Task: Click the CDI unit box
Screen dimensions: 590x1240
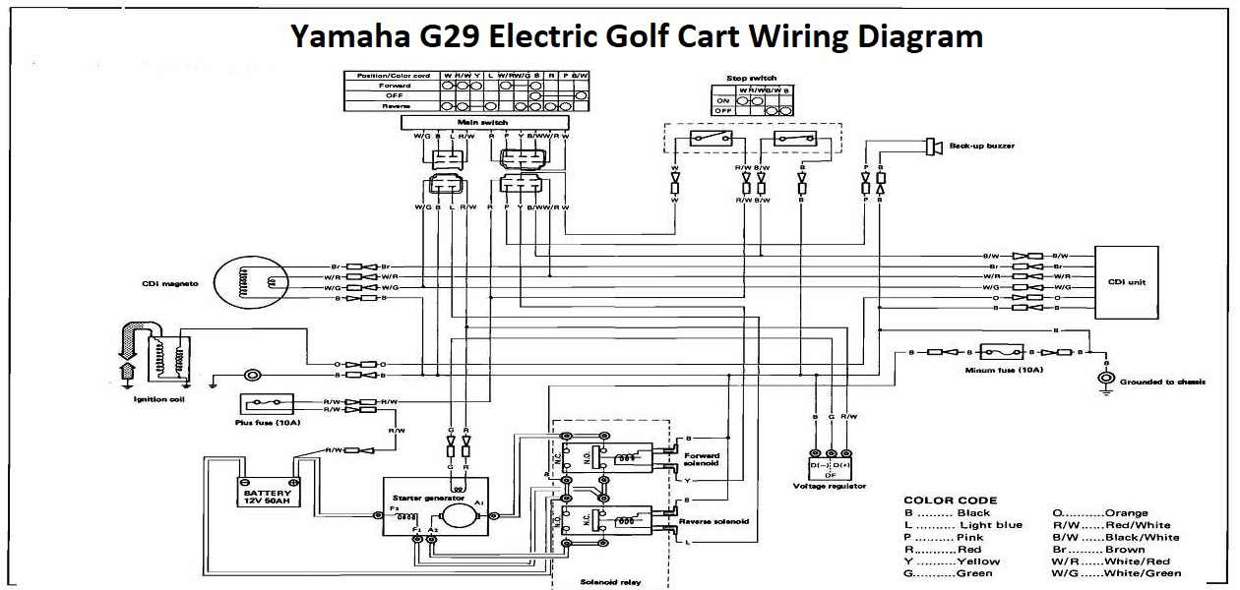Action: (1126, 282)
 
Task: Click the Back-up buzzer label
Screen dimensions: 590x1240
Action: (981, 146)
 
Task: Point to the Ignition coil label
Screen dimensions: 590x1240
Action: (159, 400)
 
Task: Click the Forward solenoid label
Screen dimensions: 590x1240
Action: (702, 459)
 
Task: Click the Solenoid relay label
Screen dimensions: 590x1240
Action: (609, 582)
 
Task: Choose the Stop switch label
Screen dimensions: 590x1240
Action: (752, 78)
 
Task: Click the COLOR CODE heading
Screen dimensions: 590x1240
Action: (950, 500)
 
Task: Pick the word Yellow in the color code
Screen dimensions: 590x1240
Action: (975, 561)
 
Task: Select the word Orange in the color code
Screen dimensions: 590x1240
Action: (1126, 512)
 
